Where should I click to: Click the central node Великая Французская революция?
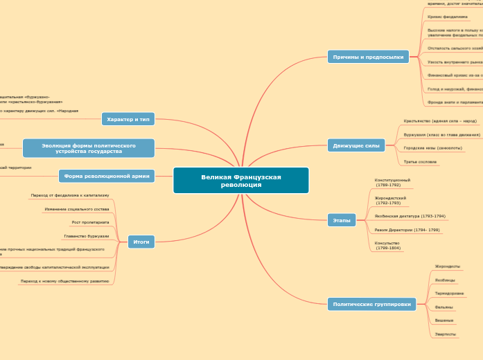[241, 181]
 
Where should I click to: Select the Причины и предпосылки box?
[358, 57]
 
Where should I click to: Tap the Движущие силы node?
[355, 145]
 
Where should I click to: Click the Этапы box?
[342, 220]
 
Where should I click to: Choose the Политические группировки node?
[371, 304]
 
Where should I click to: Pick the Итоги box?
[141, 242]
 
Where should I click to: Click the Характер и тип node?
[128, 119]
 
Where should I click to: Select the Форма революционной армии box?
[107, 177]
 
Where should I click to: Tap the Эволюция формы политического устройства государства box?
[89, 148]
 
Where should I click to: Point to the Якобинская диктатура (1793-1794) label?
[410, 216]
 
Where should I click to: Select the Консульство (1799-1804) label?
[387, 245]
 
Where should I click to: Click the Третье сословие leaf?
[420, 161]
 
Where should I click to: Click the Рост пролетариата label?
[90, 222]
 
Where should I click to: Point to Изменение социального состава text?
[76, 208]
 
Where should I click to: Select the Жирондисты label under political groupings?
[447, 267]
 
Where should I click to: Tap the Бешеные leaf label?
[444, 321]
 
